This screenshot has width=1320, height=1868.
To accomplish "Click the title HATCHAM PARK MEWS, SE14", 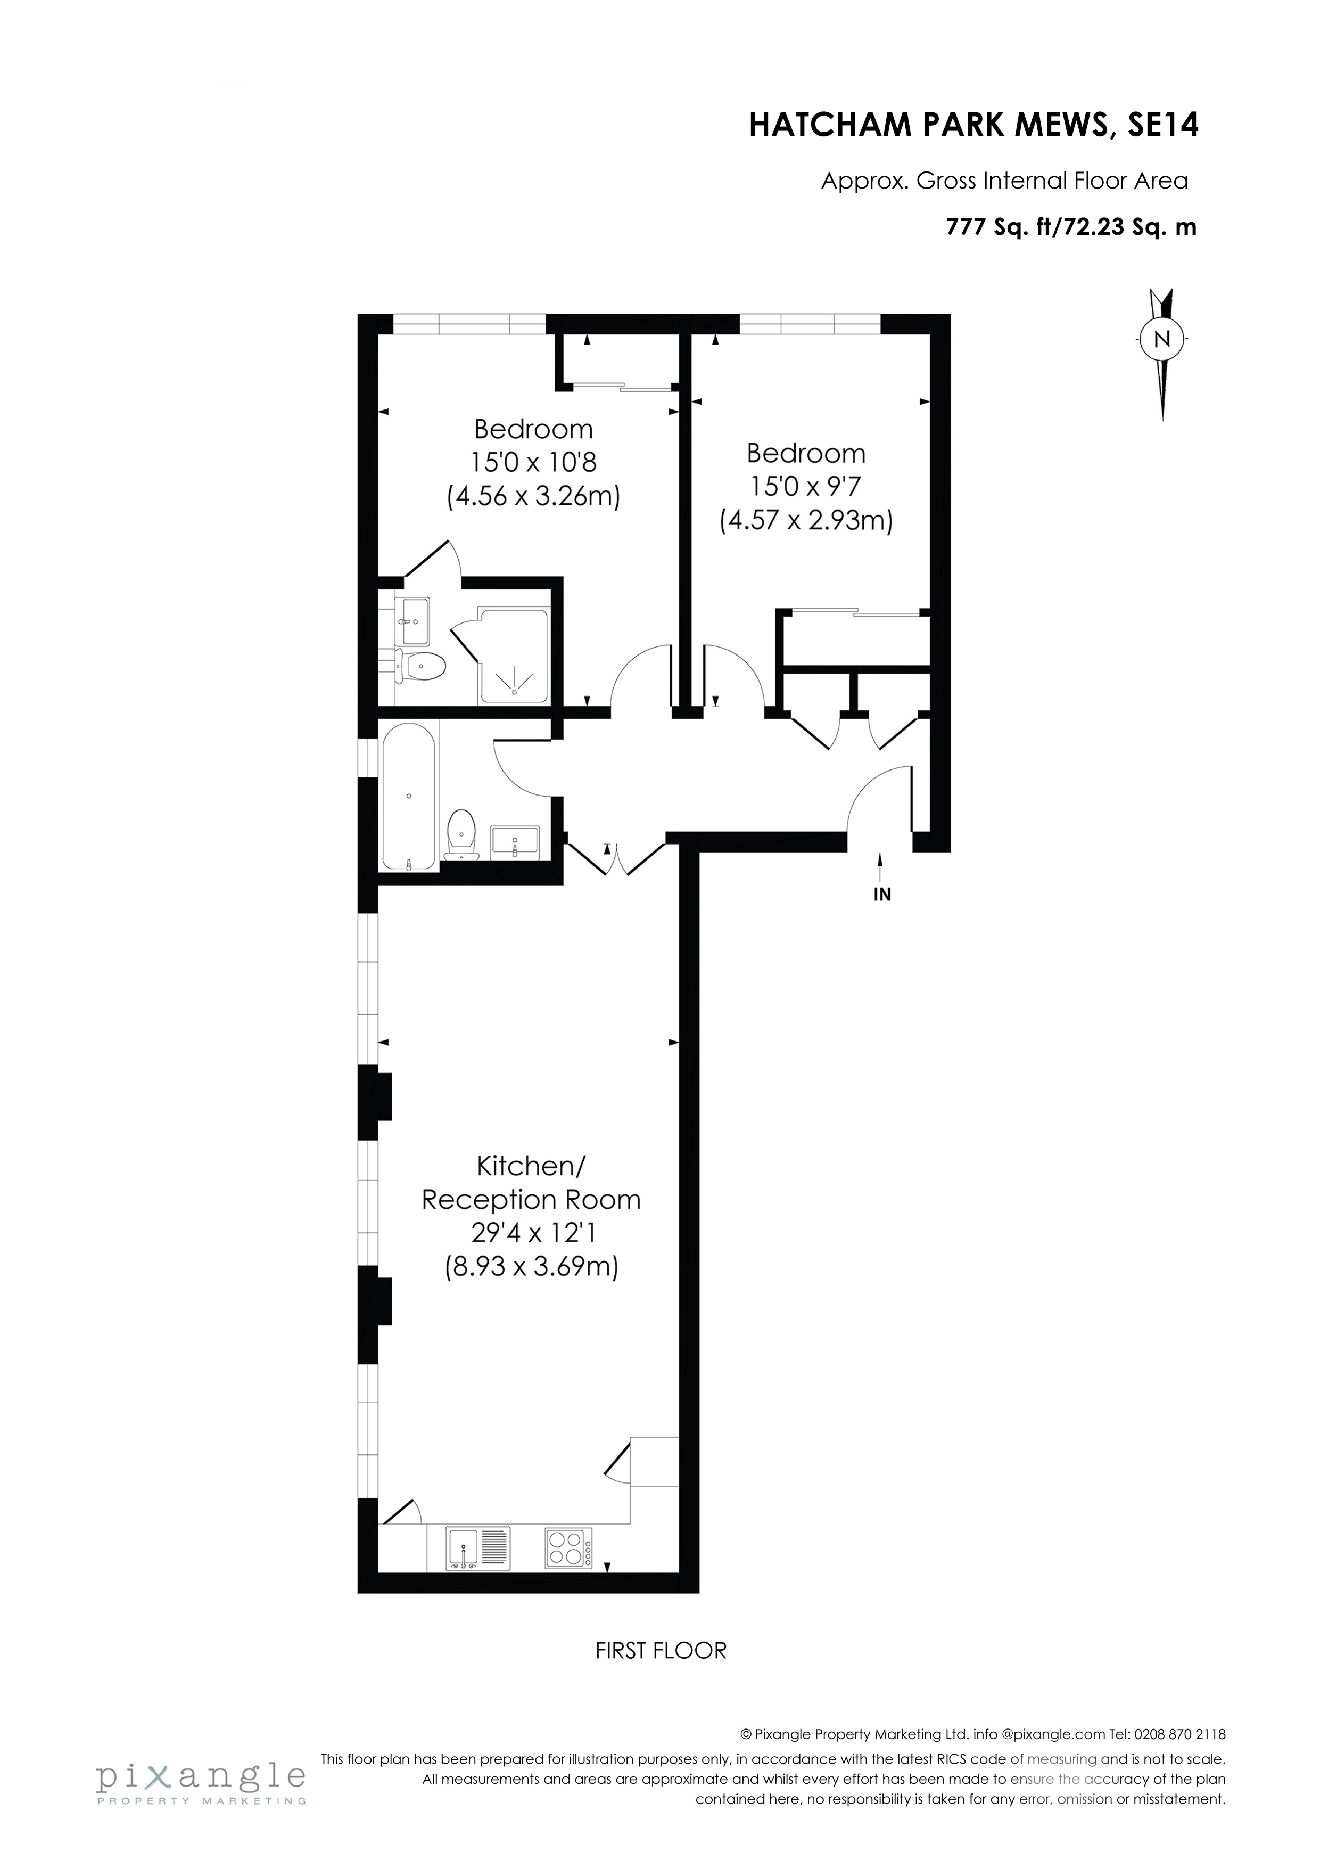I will pyautogui.click(x=973, y=126).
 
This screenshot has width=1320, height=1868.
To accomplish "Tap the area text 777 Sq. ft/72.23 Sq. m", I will pyautogui.click(x=1070, y=228).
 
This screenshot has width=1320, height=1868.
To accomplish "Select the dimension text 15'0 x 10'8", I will pyautogui.click(x=533, y=462).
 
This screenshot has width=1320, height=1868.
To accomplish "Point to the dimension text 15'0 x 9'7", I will pyautogui.click(x=805, y=487).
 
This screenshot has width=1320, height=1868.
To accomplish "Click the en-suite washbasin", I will pyautogui.click(x=413, y=621).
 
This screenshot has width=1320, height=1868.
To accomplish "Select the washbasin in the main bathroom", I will pyautogui.click(x=515, y=840).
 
